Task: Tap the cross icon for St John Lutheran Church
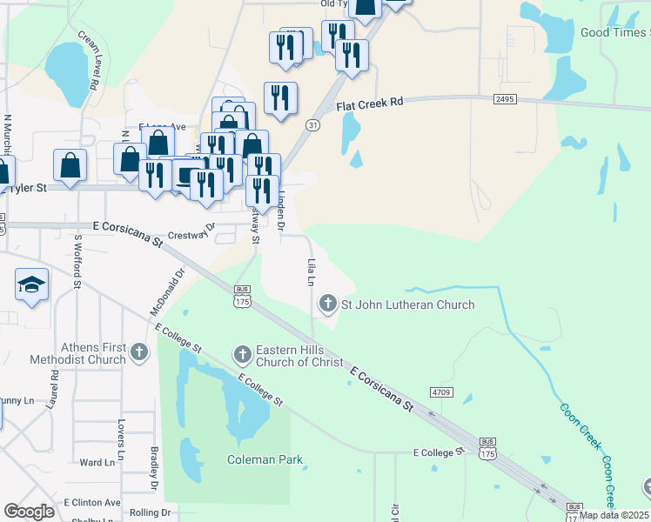click(328, 304)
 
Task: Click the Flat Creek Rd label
click(371, 103)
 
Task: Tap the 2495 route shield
click(505, 99)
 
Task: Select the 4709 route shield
click(442, 393)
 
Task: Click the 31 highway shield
click(311, 125)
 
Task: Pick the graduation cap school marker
click(31, 285)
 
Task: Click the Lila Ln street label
click(310, 271)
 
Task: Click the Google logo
click(29, 512)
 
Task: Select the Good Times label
click(614, 33)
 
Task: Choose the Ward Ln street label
click(97, 463)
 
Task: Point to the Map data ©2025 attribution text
click(614, 515)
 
